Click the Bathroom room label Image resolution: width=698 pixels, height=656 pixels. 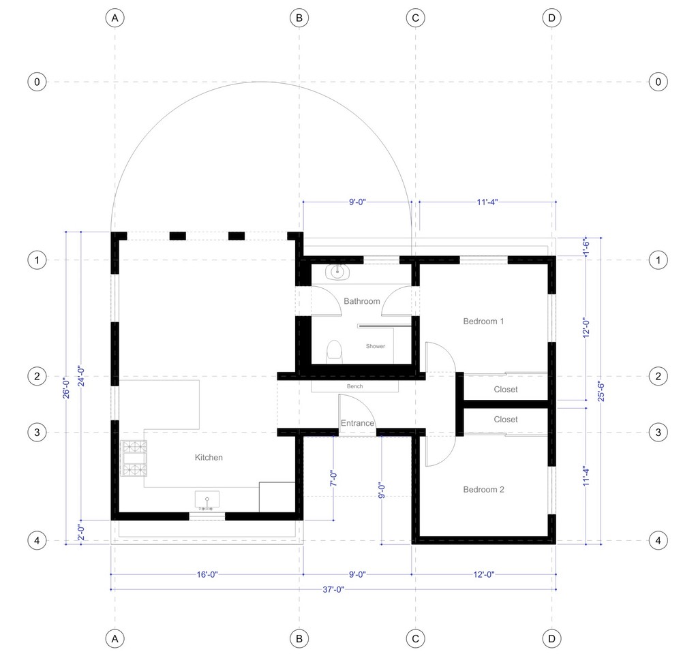(x=361, y=301)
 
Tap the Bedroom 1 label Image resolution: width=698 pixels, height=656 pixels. (x=483, y=321)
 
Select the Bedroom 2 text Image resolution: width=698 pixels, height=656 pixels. (x=483, y=489)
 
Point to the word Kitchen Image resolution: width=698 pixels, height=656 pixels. (x=209, y=457)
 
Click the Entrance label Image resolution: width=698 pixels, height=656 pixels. (x=357, y=423)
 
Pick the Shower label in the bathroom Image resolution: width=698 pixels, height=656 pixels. (x=376, y=346)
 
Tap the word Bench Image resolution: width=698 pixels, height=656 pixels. (x=354, y=386)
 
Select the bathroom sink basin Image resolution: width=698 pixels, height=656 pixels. (x=337, y=272)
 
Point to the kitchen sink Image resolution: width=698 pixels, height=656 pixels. (x=207, y=500)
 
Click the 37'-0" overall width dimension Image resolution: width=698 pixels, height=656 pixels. (x=333, y=589)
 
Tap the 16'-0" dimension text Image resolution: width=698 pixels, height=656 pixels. (x=207, y=575)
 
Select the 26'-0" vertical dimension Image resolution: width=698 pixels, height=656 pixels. (x=66, y=388)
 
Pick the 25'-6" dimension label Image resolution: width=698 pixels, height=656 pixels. (x=601, y=391)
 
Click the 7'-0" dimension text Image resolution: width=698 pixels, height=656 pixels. (x=333, y=479)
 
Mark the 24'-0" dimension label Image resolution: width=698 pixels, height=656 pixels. (x=82, y=376)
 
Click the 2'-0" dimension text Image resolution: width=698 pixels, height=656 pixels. (x=82, y=532)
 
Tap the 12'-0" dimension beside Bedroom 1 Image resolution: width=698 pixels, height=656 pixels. (x=586, y=328)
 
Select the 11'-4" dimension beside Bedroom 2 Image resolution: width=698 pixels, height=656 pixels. (x=586, y=476)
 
